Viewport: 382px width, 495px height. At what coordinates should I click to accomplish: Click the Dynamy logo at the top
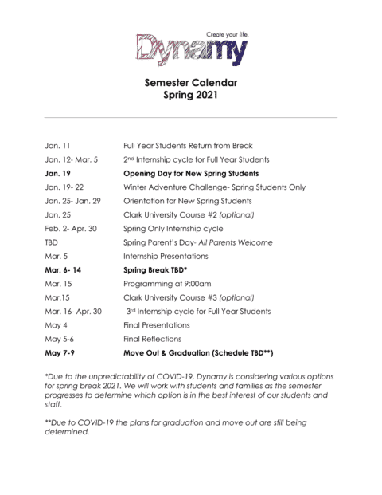pos(190,49)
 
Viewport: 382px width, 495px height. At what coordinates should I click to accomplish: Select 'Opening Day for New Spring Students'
pos(193,172)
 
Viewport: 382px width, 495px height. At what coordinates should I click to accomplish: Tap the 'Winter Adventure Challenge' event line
pos(214,187)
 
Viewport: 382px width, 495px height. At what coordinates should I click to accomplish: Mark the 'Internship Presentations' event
pos(166,256)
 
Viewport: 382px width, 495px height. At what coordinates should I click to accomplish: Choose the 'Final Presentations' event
pos(157,324)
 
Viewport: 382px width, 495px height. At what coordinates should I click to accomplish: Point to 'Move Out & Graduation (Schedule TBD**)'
pos(198,352)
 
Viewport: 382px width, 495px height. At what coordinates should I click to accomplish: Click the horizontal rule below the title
pos(191,117)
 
